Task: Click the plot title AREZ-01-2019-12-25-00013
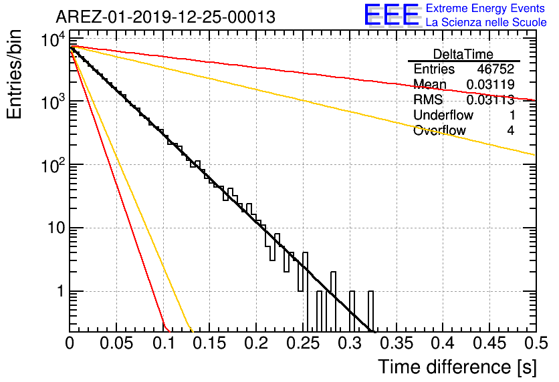coord(165,17)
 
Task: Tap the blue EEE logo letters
coord(391,15)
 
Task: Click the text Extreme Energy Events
coord(485,8)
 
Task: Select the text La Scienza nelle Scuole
coord(486,23)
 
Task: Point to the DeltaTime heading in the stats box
coord(463,54)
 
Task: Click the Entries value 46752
coord(495,69)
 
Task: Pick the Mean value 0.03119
coord(491,84)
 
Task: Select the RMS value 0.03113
coord(491,100)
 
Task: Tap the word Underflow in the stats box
coord(443,115)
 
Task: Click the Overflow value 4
coord(510,130)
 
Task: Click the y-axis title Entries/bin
coord(14,74)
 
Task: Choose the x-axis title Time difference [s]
coord(457,367)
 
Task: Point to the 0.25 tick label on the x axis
coord(304,343)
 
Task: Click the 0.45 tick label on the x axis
coord(490,343)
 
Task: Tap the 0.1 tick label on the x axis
coord(164,343)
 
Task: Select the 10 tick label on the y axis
coord(57,228)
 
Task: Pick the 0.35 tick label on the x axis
coord(397,343)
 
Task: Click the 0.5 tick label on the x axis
coord(536,343)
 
